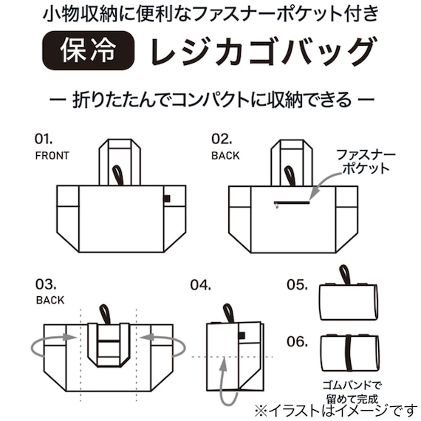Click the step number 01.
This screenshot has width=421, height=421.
point(45,138)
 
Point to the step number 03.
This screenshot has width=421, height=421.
point(45,284)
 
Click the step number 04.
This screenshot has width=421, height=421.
point(200,284)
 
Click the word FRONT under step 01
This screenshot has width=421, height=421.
point(52,156)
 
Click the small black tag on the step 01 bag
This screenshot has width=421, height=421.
point(167,197)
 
